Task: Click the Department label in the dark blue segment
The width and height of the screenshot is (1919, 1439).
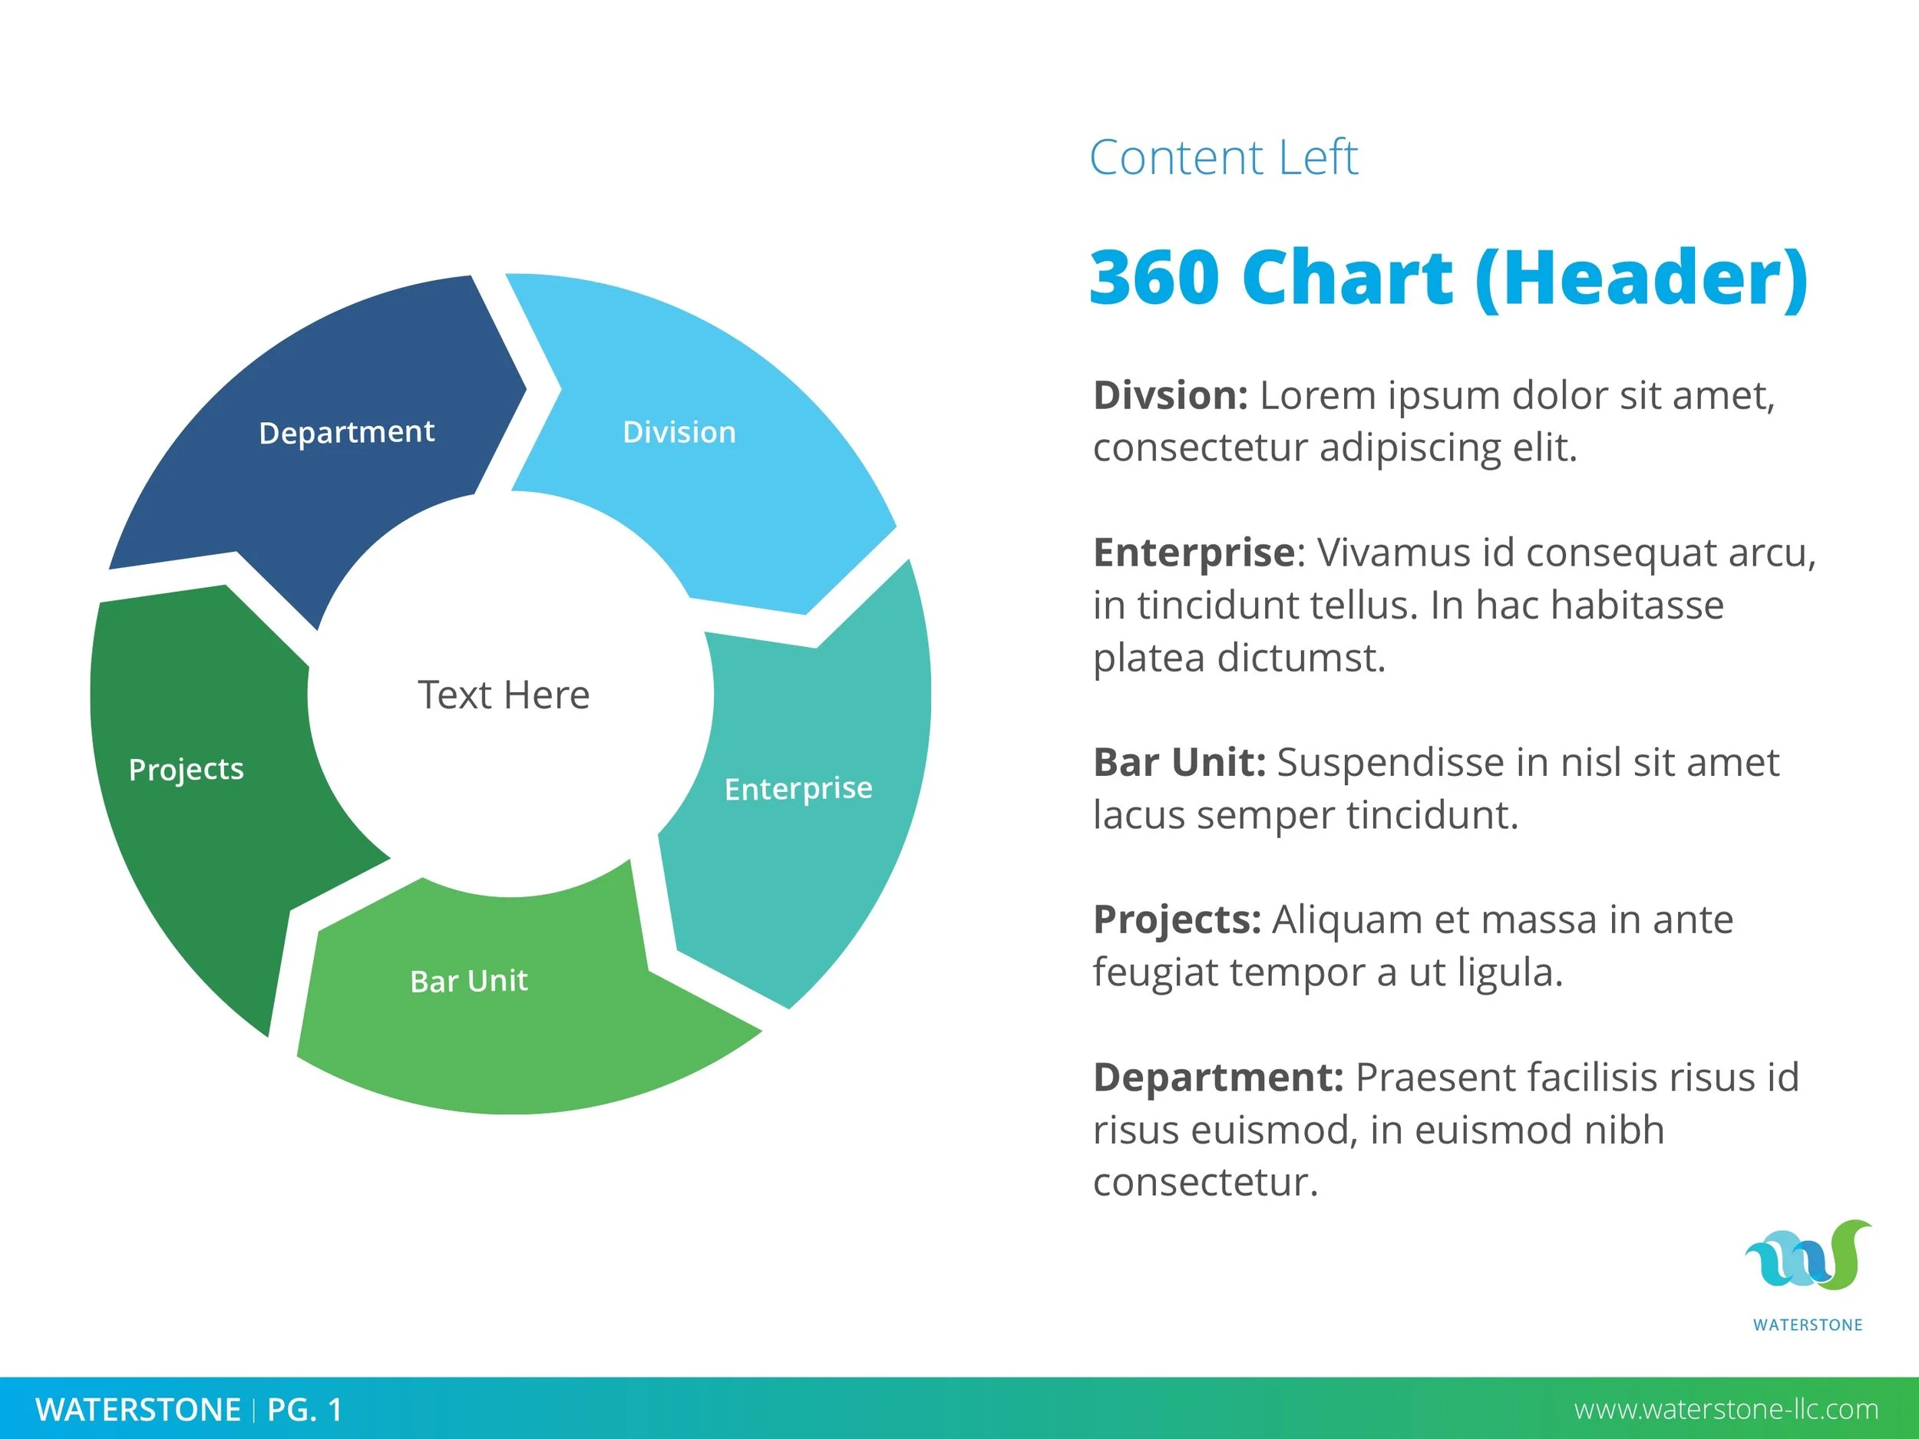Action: pyautogui.click(x=346, y=432)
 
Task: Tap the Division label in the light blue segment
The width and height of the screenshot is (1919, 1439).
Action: pyautogui.click(x=679, y=432)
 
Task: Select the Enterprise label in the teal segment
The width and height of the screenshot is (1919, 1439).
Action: pyautogui.click(x=798, y=788)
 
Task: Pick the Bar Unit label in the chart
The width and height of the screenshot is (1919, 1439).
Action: pyautogui.click(x=468, y=981)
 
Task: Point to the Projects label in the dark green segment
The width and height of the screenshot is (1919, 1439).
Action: pyautogui.click(x=187, y=769)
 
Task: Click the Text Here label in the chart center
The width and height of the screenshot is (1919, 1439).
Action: pyautogui.click(x=504, y=695)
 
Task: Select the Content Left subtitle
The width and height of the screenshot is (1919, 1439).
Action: pyautogui.click(x=1224, y=158)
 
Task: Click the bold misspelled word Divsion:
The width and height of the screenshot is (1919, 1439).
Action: pyautogui.click(x=1171, y=395)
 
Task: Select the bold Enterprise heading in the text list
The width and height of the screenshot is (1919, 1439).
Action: pyautogui.click(x=1194, y=553)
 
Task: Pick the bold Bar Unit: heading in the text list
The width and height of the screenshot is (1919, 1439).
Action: pyautogui.click(x=1179, y=762)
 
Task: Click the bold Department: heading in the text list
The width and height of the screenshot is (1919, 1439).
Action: pyautogui.click(x=1218, y=1078)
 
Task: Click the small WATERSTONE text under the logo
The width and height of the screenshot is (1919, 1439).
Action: pyautogui.click(x=1808, y=1325)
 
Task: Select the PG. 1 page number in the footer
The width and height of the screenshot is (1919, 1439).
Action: pyautogui.click(x=305, y=1410)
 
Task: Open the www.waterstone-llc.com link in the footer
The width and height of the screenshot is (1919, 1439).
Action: pyautogui.click(x=1726, y=1410)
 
